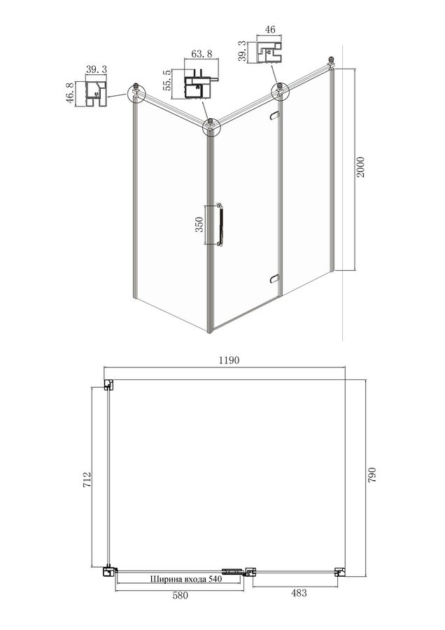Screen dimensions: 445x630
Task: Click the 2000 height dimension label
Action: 360,167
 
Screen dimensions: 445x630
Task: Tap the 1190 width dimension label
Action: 229,360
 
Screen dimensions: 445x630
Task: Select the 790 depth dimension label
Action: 372,475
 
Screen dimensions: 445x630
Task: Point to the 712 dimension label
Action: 87,479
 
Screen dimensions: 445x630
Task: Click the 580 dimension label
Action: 180,596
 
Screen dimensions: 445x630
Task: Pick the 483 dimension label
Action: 298,593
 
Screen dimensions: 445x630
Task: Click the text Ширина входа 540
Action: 186,579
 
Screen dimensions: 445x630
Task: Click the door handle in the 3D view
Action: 220,224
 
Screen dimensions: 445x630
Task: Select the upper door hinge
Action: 275,115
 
